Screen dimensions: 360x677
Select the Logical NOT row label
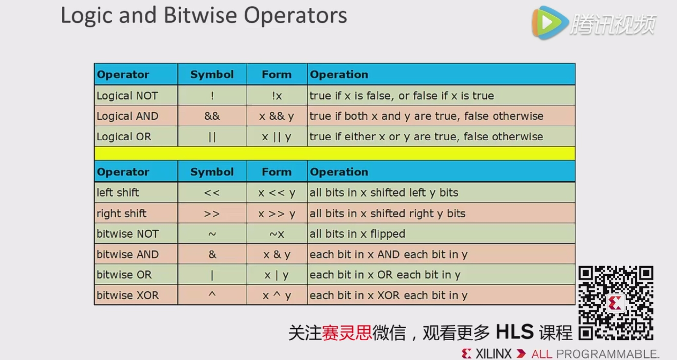(x=127, y=96)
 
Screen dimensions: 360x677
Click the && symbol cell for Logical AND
(x=212, y=116)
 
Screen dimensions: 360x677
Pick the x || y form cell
(x=276, y=137)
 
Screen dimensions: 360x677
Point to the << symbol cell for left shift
(x=212, y=193)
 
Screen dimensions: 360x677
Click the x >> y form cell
(x=276, y=214)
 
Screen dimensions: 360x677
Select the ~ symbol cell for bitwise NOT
(x=212, y=234)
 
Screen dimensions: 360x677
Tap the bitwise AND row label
(x=128, y=254)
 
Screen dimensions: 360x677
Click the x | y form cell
(x=276, y=275)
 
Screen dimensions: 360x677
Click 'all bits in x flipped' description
(x=357, y=234)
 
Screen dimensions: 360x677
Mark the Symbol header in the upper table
(x=212, y=74)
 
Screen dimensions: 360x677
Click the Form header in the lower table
(x=277, y=172)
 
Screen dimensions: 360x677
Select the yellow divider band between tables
(x=334, y=153)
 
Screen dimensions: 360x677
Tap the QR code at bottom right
(x=616, y=303)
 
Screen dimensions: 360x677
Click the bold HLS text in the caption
(x=514, y=332)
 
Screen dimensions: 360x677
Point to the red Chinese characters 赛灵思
(x=346, y=333)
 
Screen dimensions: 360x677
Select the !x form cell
(x=277, y=96)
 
